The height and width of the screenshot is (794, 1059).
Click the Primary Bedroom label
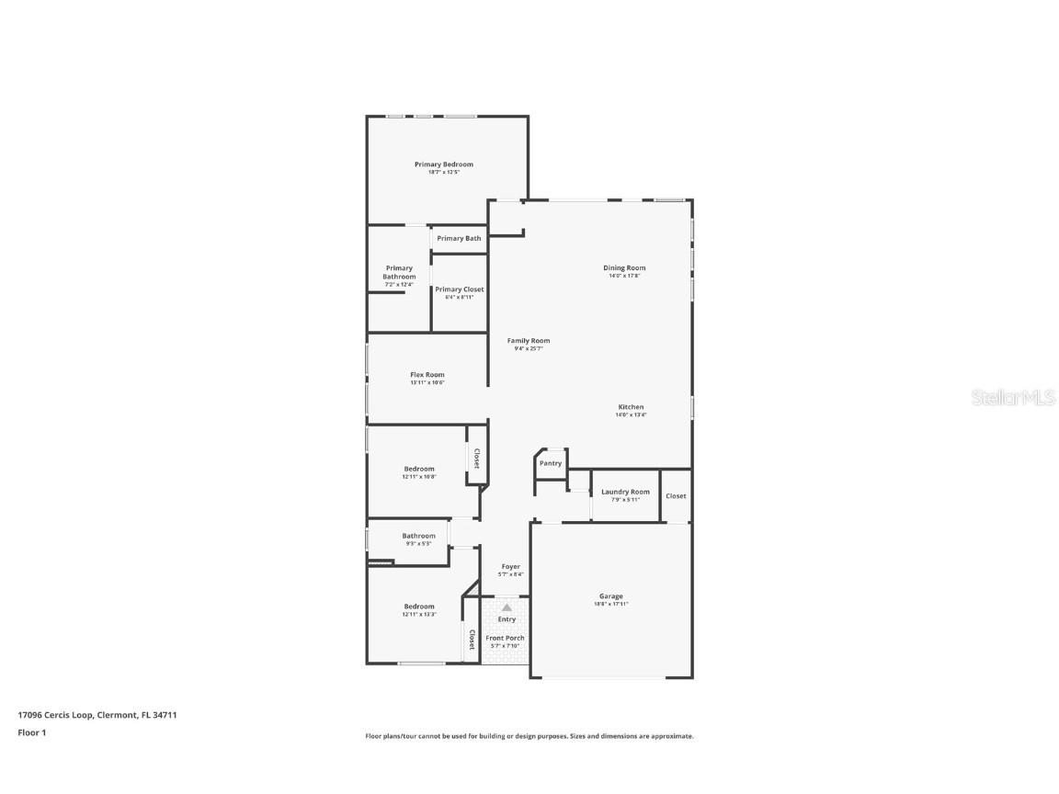coord(443,164)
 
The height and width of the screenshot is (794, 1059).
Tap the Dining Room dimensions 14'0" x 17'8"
coord(624,276)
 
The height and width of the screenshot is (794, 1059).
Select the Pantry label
coord(551,463)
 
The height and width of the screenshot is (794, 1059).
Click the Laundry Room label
coord(625,492)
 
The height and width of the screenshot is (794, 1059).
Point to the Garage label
coord(611,596)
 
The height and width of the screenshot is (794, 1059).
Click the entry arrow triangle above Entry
coord(507,607)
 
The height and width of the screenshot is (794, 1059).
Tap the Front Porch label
coord(506,638)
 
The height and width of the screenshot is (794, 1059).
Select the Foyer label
coord(510,567)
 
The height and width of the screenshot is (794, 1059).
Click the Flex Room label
coord(427,374)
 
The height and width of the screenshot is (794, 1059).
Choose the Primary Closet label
coord(460,289)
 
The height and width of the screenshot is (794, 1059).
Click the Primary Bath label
coord(459,238)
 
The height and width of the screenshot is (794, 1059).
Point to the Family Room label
coord(529,341)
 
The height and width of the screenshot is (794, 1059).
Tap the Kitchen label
coord(631,407)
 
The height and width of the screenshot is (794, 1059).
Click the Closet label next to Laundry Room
coord(676,496)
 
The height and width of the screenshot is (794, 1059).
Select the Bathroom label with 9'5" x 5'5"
coord(418,536)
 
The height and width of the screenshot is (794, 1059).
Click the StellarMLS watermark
coord(1014,398)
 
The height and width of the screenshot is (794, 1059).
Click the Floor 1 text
coord(31,732)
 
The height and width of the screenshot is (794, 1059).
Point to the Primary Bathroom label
coord(399,272)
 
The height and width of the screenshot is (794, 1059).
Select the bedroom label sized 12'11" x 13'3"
coord(418,607)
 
